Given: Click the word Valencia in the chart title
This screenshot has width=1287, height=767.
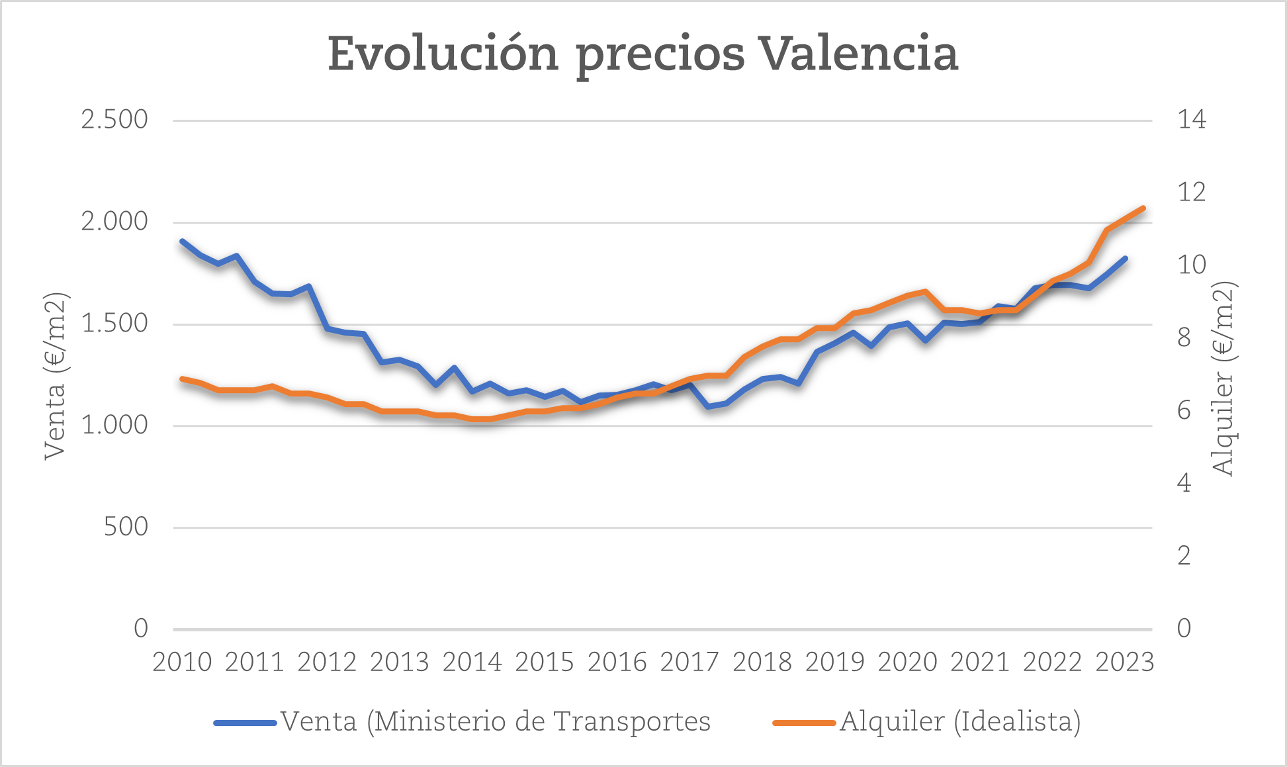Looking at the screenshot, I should coord(858,54).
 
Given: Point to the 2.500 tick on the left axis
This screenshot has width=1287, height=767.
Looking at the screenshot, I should coord(114,120).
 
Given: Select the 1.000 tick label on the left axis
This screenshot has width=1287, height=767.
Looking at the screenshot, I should coord(114,425).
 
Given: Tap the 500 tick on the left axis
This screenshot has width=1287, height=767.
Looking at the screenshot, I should coord(126,527).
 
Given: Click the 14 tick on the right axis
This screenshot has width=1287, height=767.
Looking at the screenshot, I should coord(1192,120).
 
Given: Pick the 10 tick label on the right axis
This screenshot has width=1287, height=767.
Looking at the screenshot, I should coord(1192,265).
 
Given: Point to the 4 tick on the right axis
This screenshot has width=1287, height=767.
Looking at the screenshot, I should coord(1184,483).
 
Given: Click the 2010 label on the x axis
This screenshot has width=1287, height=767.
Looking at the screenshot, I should coord(182,662).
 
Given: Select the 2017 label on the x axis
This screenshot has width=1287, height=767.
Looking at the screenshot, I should coord(689,662).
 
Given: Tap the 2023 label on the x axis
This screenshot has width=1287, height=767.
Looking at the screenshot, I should coord(1124,662).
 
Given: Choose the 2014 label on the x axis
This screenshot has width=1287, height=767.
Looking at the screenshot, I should coord(472,662).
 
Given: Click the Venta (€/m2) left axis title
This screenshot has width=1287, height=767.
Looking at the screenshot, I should coord(56,375).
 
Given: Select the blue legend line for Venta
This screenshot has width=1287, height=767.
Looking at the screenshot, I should coord(245,723).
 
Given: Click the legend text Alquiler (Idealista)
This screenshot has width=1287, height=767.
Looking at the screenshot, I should coord(960,721).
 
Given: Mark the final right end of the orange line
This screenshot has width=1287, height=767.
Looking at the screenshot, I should coord(1143,208).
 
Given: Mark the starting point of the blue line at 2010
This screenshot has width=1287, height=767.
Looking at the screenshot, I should coord(182,242).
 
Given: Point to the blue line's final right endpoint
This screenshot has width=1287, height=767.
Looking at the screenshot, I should coord(1126,258).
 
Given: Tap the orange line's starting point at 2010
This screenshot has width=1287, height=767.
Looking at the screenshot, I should coord(182,379).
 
